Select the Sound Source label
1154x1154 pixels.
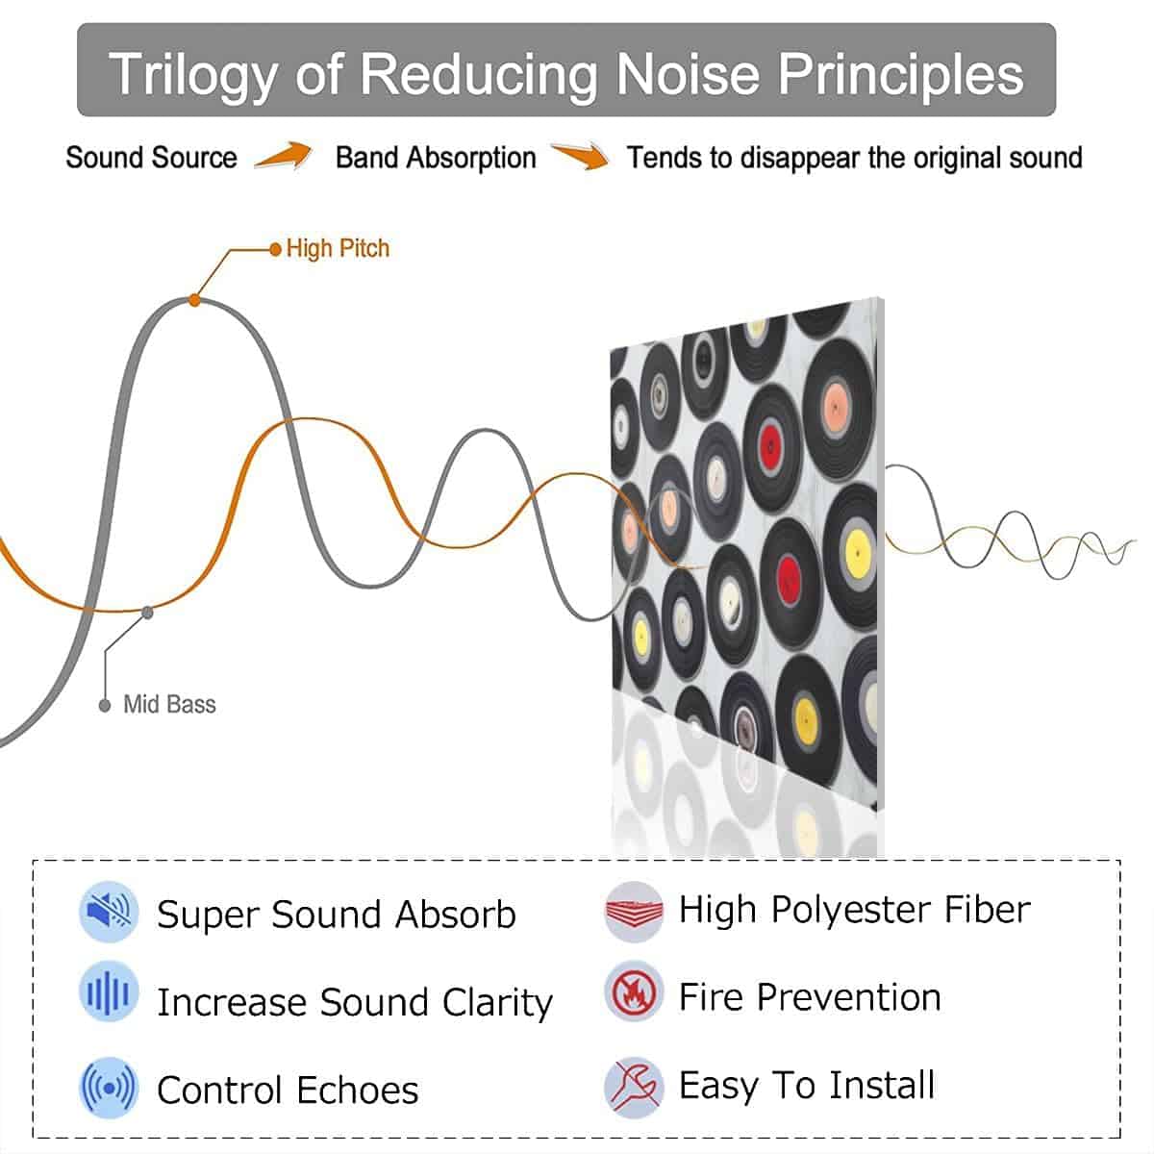(152, 158)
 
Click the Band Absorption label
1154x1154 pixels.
(436, 158)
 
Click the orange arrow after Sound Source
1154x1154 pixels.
(284, 156)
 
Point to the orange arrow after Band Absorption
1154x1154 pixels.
(580, 155)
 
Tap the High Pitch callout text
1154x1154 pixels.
(338, 248)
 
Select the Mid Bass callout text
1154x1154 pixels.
(169, 704)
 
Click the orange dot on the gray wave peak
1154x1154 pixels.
(194, 300)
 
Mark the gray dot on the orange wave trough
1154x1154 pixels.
(147, 612)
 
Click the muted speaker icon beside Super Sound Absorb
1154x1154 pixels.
(109, 912)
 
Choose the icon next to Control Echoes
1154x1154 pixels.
(109, 1087)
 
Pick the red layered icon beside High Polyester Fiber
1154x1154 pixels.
(634, 912)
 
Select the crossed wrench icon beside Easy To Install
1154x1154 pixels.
(634, 1087)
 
